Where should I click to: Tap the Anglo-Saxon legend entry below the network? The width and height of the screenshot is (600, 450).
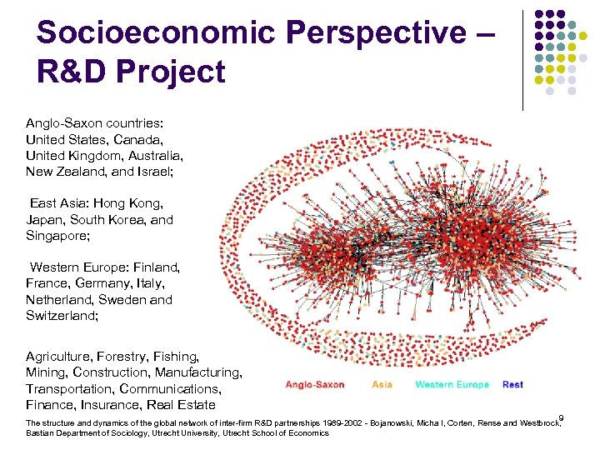coord(315,384)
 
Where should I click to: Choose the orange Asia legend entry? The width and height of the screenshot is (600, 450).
coord(382,384)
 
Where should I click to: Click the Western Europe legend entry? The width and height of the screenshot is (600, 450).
coord(452,384)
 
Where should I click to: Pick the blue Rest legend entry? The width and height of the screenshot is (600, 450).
coord(512,384)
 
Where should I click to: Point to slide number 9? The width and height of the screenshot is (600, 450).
coord(561,417)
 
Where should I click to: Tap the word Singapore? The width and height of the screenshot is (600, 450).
coord(56,237)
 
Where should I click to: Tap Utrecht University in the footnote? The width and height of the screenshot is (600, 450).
coord(173,433)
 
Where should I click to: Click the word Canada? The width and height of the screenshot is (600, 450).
coord(133,139)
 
